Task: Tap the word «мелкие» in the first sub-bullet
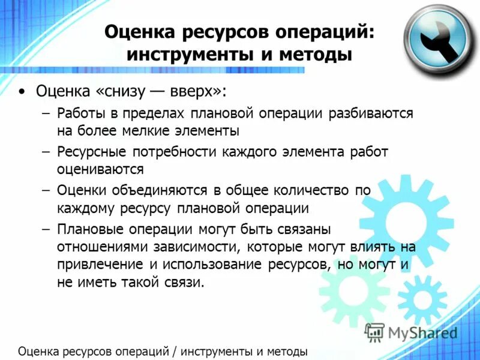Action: pos(166,130)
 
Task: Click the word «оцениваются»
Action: pos(100,169)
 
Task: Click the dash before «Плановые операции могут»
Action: pos(46,229)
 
